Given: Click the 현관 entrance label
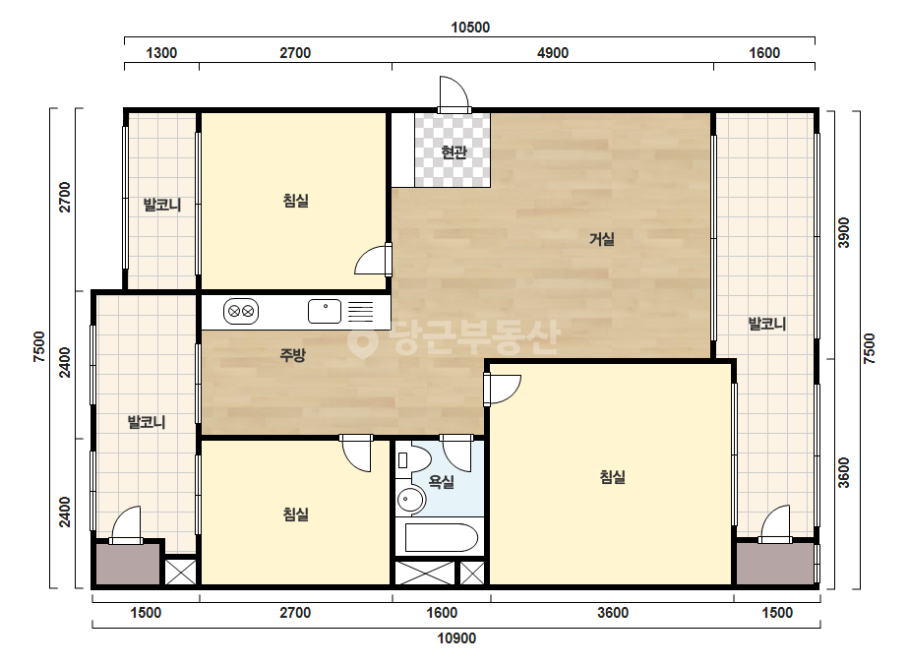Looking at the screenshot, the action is tap(454, 151).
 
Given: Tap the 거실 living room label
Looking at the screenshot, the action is tap(602, 238).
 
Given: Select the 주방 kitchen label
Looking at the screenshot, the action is tap(292, 354).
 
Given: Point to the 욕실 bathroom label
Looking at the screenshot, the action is tap(442, 481).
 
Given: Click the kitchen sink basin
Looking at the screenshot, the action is tap(325, 311).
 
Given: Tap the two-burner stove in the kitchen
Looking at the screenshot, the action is tap(241, 311).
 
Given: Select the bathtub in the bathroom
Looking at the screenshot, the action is tap(442, 537).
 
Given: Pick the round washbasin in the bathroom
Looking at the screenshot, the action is tap(411, 499).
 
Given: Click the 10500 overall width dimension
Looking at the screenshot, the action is tap(470, 28).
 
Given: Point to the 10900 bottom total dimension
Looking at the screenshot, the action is tap(456, 638).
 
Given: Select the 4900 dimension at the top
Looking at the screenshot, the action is tap(553, 53).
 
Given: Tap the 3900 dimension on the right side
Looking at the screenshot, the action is tap(844, 232).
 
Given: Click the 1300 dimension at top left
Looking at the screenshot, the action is tap(161, 53).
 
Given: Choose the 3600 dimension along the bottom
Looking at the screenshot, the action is tap(613, 612).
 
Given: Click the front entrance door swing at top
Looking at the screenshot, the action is tap(454, 92).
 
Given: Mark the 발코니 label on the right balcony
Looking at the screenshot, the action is tap(766, 324).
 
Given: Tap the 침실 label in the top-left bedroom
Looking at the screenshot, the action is tap(295, 201).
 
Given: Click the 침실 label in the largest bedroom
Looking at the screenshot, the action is tap(612, 477).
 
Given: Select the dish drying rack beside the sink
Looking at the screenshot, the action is tap(360, 311).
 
